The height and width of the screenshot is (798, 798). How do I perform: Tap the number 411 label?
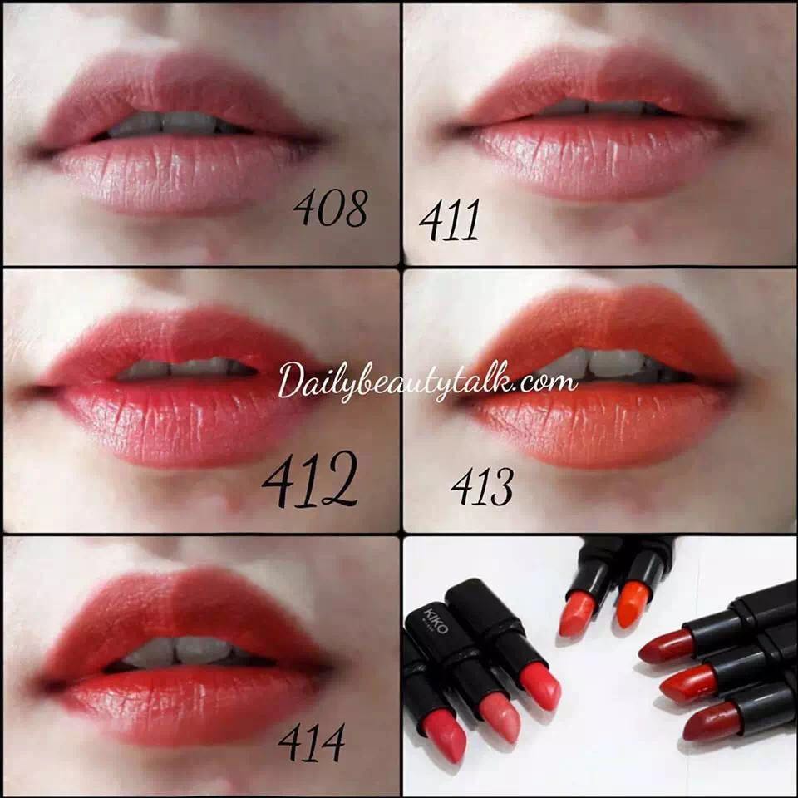(x=449, y=220)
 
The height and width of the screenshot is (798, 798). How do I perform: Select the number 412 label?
(x=308, y=479)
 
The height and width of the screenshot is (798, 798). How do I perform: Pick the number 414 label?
(x=312, y=742)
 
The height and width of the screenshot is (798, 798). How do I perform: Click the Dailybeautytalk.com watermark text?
(x=428, y=382)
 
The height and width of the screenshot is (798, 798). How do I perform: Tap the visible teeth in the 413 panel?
(x=600, y=364)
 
